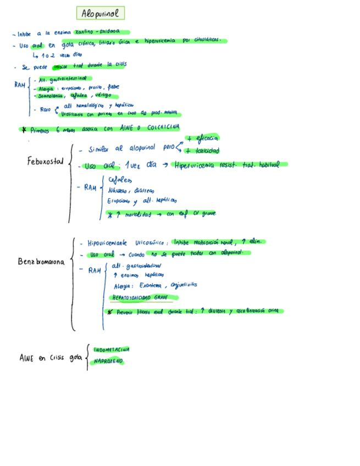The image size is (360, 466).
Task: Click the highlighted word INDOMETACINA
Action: click(x=112, y=349)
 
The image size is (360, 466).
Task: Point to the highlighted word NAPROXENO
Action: click(x=108, y=361)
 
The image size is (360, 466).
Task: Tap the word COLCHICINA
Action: click(x=162, y=128)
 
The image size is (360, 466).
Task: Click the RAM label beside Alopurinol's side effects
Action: click(x=21, y=86)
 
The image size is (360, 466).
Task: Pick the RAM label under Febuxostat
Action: click(x=90, y=187)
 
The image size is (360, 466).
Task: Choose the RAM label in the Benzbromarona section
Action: click(x=95, y=270)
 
